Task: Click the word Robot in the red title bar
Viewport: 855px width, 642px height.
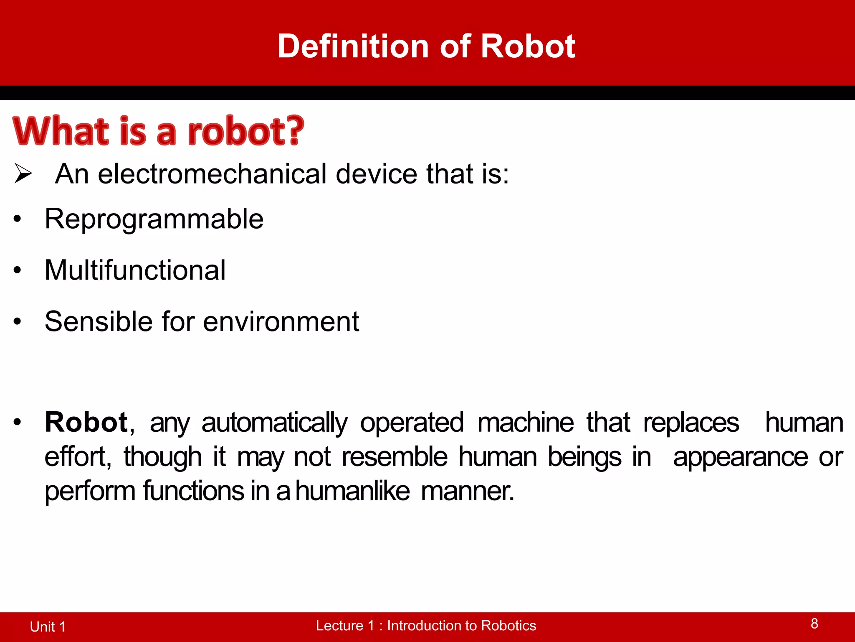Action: [x=528, y=46]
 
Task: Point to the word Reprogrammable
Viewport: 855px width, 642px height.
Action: [x=154, y=219]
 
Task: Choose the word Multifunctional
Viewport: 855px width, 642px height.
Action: [x=135, y=270]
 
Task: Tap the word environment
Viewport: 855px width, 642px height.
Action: [x=281, y=321]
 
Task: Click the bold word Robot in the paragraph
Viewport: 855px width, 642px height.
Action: [x=86, y=422]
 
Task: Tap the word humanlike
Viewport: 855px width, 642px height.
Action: [x=353, y=491]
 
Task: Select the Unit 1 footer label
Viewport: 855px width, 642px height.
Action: [x=48, y=627]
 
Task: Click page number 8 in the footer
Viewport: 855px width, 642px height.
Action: [x=814, y=624]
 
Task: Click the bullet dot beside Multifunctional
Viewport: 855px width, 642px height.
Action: [x=17, y=270]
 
